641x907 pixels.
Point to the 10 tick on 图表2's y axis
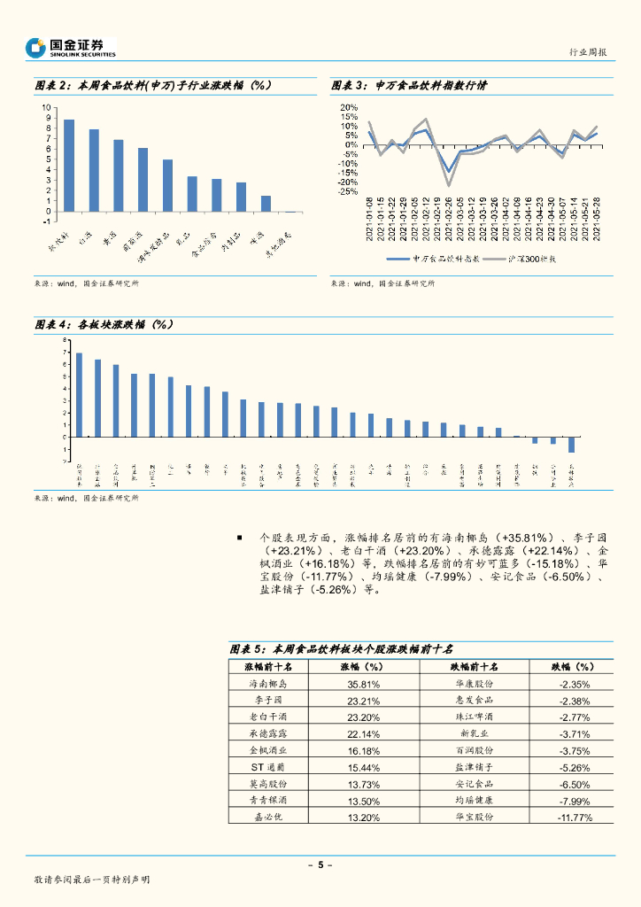47,109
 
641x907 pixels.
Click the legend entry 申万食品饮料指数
433,259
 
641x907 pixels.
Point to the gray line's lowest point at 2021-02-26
449,185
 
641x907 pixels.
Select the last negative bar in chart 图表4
571,445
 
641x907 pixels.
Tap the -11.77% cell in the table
574,817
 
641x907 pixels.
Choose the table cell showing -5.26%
574,767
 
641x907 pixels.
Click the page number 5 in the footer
320,864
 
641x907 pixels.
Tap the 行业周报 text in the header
587,53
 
